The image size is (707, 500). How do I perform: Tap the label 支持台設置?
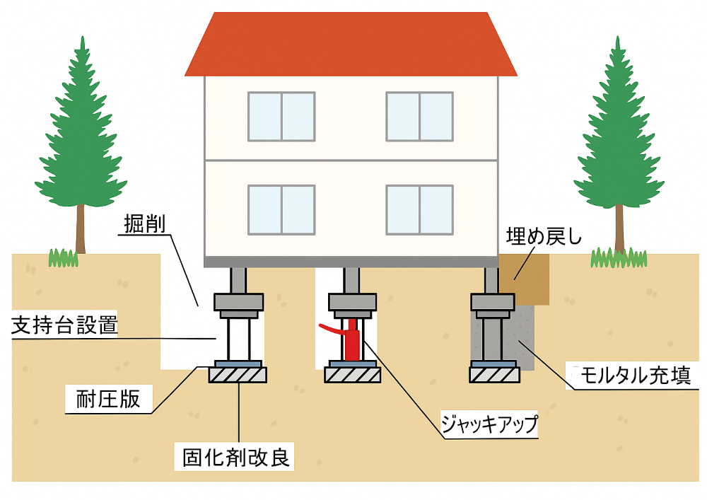coord(64,327)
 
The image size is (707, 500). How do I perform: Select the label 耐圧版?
coord(107,400)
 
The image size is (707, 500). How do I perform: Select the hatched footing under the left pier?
coord(238,375)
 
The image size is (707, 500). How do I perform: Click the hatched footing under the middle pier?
coord(352,375)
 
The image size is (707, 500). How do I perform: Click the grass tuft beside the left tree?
coord(63,258)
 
